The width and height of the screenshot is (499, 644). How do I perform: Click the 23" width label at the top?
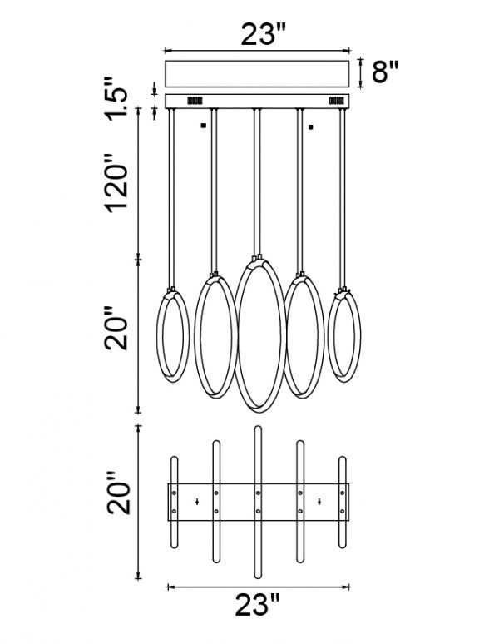click(263, 34)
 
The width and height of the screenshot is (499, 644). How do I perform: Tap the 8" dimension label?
click(385, 72)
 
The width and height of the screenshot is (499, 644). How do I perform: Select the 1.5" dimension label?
click(117, 98)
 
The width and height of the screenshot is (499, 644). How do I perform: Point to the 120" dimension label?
click(117, 183)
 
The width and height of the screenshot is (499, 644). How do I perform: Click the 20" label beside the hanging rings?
click(116, 327)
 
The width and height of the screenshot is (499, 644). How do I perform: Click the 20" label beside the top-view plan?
click(119, 493)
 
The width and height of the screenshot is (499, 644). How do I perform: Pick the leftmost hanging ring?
click(158, 334)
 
